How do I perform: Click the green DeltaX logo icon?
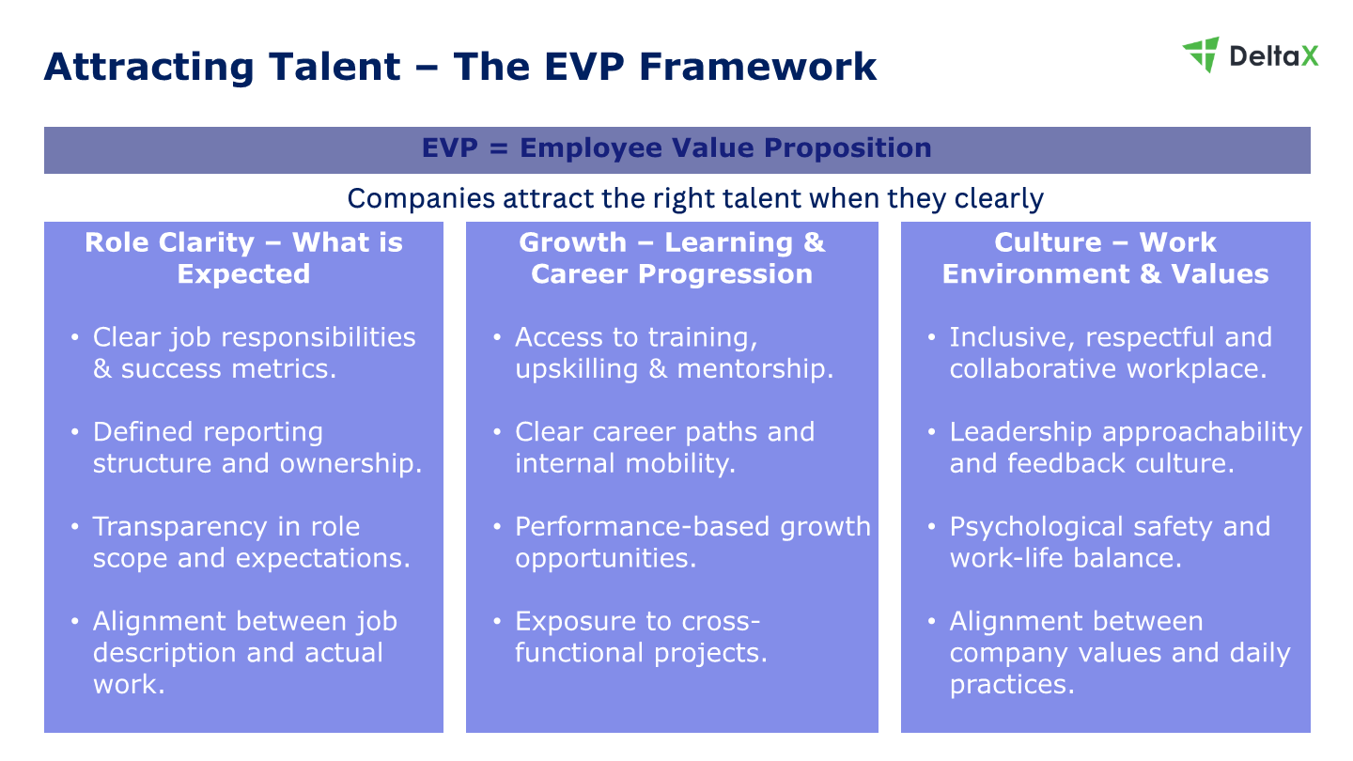point(1201,54)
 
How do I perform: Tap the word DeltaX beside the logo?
point(1274,56)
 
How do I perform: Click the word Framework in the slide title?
point(758,67)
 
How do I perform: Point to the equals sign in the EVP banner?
point(499,148)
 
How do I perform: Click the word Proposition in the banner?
point(848,148)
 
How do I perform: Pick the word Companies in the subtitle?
point(421,198)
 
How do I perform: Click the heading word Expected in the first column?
point(243,274)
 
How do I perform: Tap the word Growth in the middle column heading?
point(572,242)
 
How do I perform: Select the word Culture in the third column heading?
point(1048,242)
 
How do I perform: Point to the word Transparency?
point(179,527)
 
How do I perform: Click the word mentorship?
point(755,369)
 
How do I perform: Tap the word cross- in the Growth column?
point(721,622)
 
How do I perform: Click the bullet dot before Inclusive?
point(931,337)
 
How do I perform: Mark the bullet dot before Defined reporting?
point(75,432)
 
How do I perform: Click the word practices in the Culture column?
point(1012,685)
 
